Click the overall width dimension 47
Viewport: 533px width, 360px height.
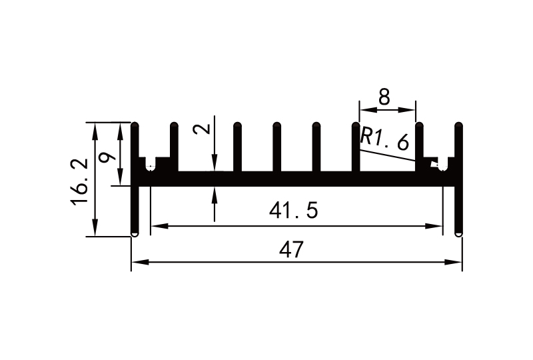(291, 250)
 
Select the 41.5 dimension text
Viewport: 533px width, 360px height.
(294, 211)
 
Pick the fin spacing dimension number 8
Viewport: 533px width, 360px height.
(384, 97)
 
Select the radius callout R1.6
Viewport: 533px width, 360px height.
(382, 139)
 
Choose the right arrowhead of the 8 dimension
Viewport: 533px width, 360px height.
(411, 110)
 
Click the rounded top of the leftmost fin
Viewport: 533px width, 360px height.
(135, 125)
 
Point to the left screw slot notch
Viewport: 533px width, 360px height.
(151, 164)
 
